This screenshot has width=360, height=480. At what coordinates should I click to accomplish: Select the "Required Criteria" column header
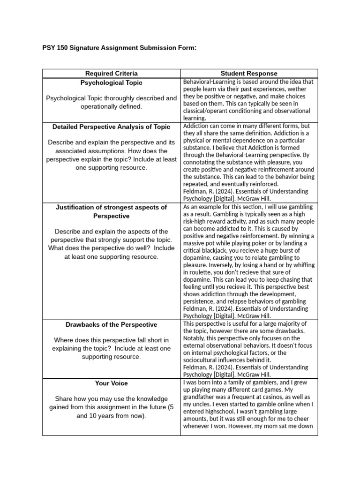(112, 73)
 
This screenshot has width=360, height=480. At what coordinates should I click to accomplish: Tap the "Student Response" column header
(249, 73)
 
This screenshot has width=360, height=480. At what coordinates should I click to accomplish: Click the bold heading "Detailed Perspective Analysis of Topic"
(112, 127)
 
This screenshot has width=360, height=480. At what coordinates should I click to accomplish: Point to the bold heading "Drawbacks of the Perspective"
(112, 324)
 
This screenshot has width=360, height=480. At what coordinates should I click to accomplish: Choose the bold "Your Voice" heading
(112, 383)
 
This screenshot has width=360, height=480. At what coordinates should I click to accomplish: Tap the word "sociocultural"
(204, 360)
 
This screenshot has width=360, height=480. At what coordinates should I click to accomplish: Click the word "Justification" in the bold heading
(77, 207)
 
